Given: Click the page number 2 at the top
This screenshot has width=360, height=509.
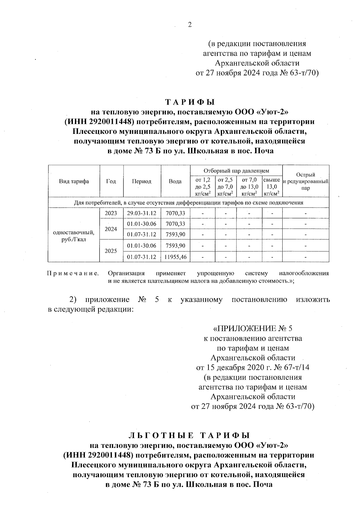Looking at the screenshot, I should click(x=189, y=25).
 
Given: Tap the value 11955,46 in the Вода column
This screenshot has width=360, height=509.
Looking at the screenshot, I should click(x=175, y=257).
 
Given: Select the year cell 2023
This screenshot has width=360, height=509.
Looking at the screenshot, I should click(x=111, y=213).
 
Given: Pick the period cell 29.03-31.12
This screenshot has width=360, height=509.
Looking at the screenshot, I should click(x=142, y=213).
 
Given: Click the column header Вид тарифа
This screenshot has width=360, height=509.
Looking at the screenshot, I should click(x=74, y=181).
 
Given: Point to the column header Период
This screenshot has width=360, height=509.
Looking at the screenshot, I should click(x=142, y=181).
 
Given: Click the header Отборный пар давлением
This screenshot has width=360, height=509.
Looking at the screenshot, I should click(x=236, y=171).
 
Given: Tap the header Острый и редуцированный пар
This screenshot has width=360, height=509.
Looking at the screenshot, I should click(x=305, y=181).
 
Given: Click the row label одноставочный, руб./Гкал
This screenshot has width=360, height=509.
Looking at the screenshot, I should click(x=74, y=236).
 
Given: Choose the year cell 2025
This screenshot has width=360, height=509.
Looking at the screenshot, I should click(x=111, y=251).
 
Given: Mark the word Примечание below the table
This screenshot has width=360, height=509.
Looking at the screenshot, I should click(x=73, y=274).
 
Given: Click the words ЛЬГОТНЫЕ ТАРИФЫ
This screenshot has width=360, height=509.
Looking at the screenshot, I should click(x=189, y=435).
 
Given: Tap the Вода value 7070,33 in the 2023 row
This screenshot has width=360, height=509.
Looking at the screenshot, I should click(x=175, y=213).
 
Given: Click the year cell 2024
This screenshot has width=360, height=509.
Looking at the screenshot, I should click(x=111, y=229).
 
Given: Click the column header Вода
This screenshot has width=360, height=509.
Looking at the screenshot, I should click(x=175, y=181).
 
